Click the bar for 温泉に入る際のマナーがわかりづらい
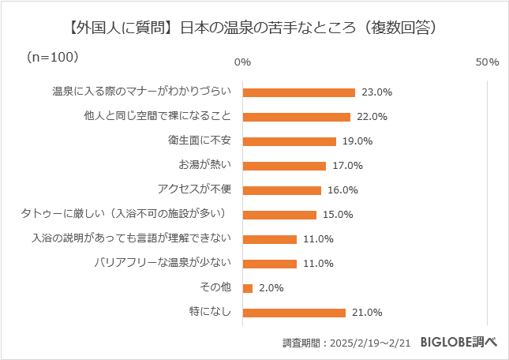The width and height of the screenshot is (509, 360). point(299,92)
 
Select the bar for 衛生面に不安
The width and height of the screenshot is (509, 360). point(290,141)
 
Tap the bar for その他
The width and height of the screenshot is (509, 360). point(248,288)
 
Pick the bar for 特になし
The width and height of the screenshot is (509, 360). point(294,313)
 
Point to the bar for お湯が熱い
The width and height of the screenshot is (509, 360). point(284,166)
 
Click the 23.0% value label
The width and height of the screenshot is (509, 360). point(376,92)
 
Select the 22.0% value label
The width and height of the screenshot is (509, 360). point(372,117)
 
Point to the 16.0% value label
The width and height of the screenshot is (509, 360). point(342,190)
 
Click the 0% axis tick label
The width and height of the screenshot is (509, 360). point(243,62)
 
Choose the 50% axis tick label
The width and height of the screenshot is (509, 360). point(488,62)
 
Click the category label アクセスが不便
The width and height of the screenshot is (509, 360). point(195,190)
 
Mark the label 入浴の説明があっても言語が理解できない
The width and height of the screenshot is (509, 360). point(131,239)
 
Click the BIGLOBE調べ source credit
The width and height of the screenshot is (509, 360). point(458,342)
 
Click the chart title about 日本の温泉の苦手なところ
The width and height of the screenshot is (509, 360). point(253,27)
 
